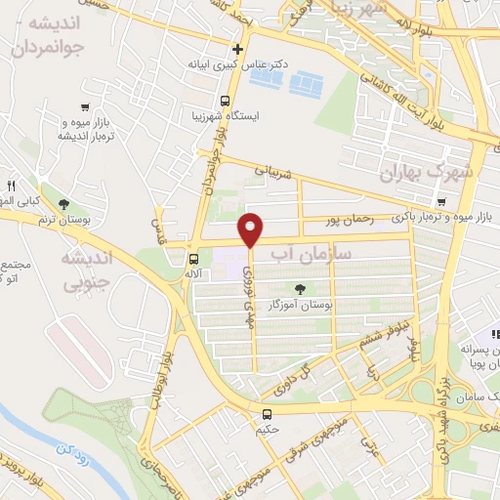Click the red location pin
252,230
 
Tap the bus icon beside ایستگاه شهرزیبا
226,101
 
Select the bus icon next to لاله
193,260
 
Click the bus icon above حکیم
268,414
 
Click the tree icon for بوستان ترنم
63,204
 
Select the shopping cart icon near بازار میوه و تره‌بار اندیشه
89,108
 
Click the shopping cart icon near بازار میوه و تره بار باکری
441,203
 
